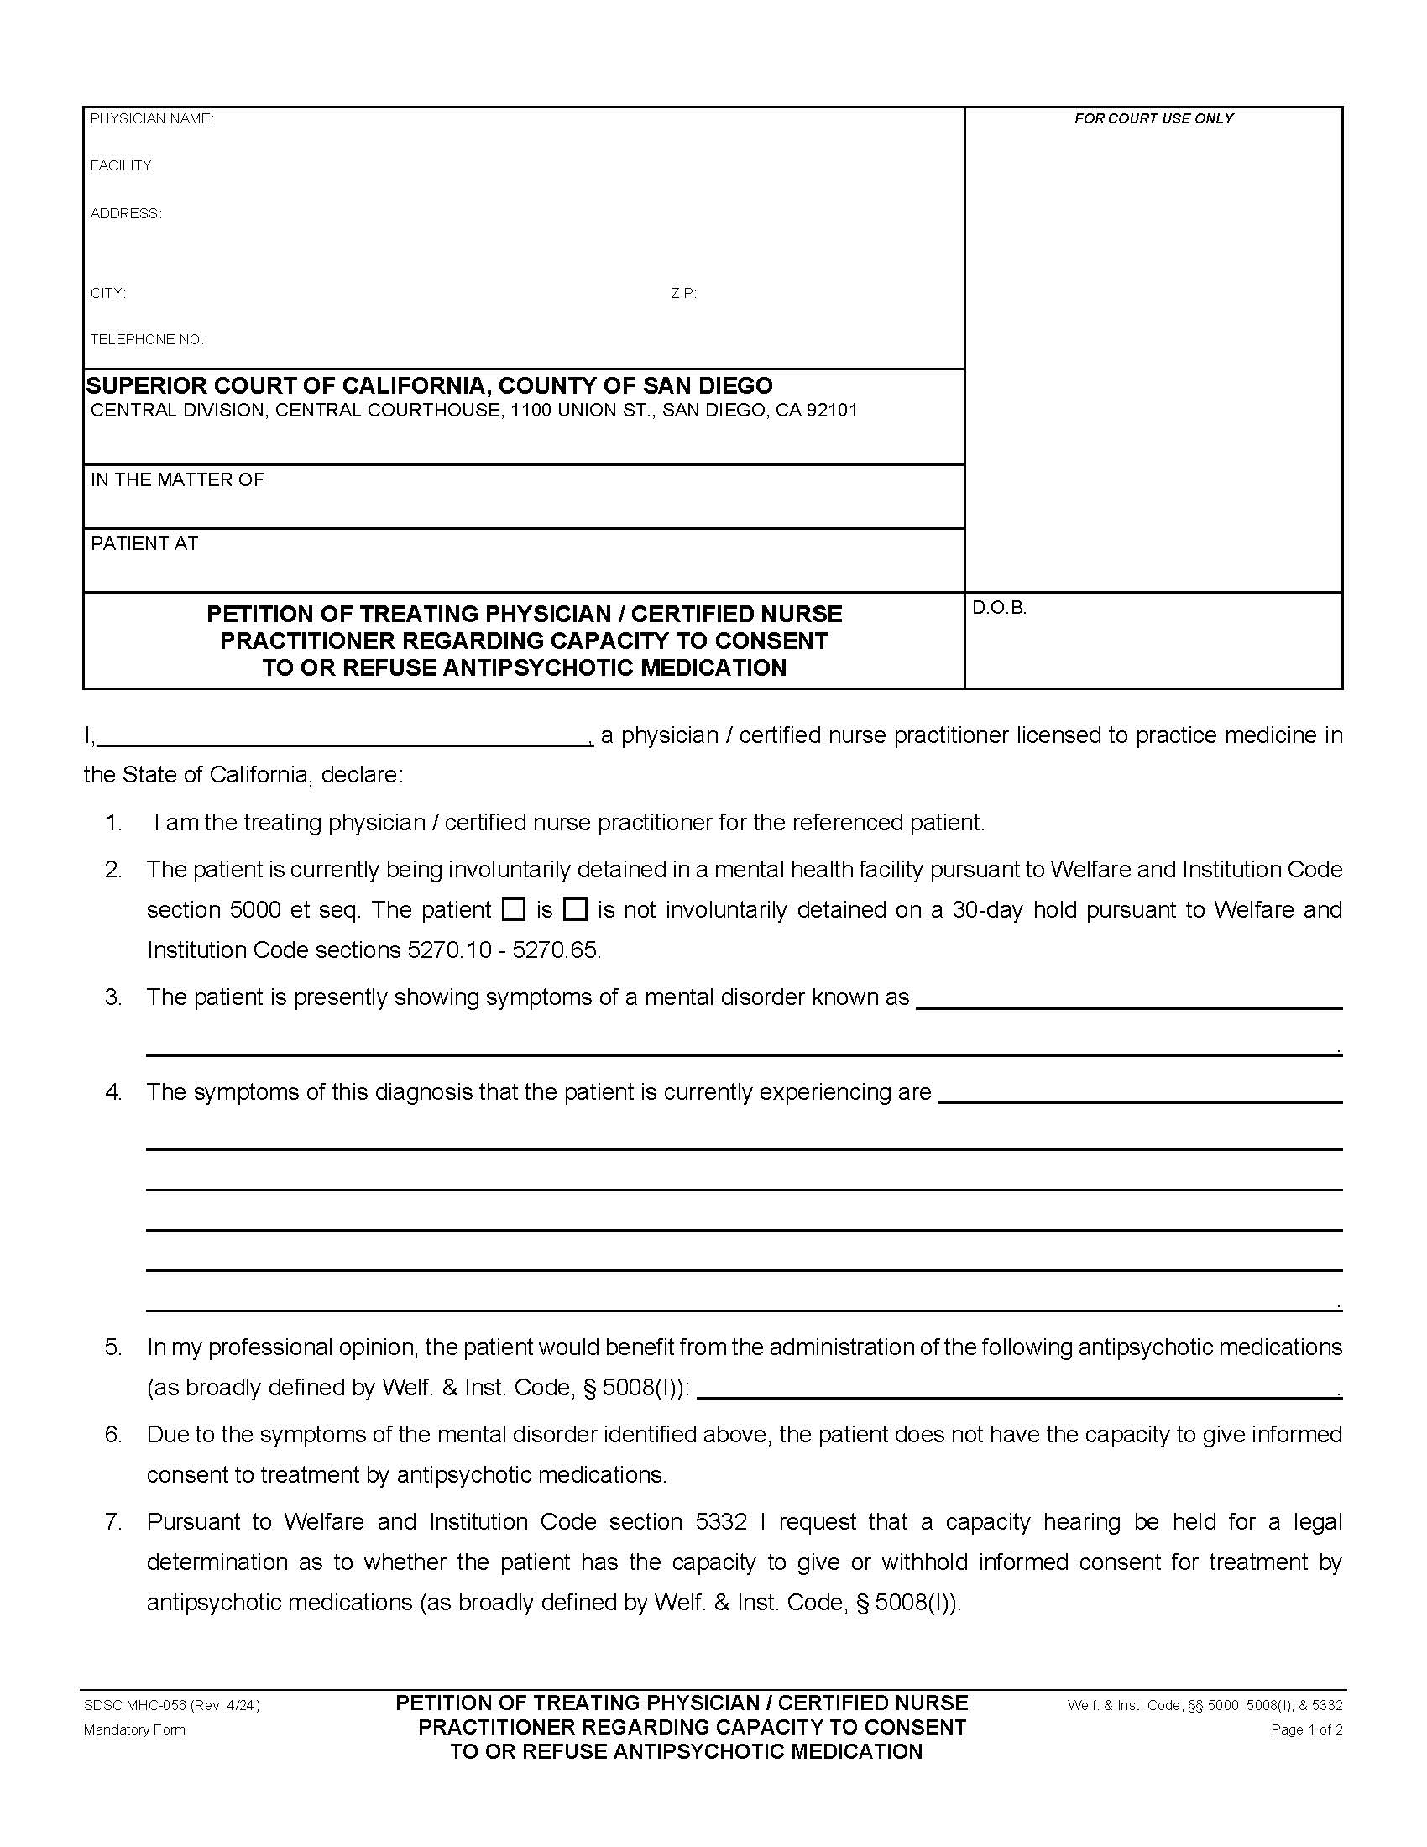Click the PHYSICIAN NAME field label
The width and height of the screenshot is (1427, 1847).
152,119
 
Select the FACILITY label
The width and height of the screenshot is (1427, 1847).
123,166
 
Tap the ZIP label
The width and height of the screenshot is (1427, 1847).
683,295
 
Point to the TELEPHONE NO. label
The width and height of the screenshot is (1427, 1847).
149,340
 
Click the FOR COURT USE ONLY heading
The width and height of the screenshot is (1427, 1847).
1153,119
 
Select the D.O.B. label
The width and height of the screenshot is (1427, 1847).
998,608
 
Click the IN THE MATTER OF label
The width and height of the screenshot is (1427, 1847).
177,480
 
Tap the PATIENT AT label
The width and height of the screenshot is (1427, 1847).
144,544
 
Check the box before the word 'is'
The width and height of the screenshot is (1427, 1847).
513,910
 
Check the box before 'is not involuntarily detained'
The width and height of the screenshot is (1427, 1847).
575,910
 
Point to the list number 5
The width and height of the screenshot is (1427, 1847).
113,1347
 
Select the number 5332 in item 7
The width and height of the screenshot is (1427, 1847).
721,1522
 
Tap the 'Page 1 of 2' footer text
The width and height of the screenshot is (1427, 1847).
1306,1730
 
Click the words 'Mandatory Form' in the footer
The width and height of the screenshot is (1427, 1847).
134,1730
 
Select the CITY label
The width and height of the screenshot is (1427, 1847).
108,295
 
